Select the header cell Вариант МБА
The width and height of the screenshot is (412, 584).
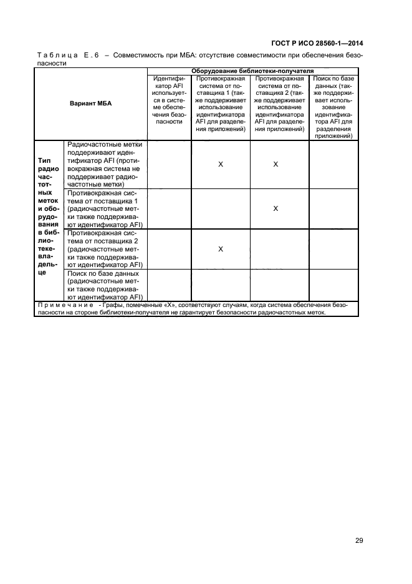click(90, 104)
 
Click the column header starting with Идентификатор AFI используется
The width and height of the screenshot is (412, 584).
click(169, 100)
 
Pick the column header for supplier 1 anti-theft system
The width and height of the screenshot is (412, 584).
click(221, 104)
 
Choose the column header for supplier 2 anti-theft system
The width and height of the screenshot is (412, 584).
click(275, 104)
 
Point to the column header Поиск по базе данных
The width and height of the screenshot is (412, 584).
click(333, 107)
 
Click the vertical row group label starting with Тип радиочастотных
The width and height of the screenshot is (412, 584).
click(48, 220)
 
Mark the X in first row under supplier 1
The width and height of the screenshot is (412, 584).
click(221, 164)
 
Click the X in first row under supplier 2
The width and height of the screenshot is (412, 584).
click(275, 164)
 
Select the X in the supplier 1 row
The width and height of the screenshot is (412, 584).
click(275, 208)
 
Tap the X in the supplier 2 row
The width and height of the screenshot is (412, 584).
click(221, 249)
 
